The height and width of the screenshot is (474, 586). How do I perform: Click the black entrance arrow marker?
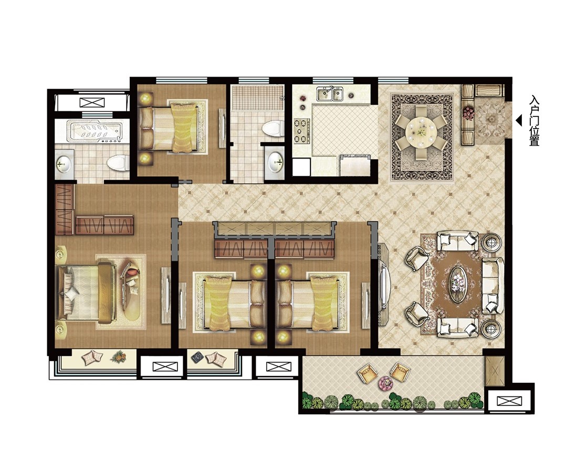(x=519, y=121)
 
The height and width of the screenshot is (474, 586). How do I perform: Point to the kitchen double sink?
(x=330, y=93)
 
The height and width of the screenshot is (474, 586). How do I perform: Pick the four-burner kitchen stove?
(x=301, y=131)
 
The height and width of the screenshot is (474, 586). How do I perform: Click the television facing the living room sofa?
(x=384, y=285)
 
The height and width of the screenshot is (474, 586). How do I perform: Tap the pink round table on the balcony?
(x=384, y=382)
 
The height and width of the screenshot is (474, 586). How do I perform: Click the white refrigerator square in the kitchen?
(x=301, y=166)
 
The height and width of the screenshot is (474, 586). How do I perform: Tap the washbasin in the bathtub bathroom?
(x=63, y=163)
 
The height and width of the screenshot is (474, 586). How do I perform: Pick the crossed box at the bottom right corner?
(x=509, y=401)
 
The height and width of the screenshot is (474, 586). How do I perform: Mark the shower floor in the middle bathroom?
(x=257, y=98)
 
